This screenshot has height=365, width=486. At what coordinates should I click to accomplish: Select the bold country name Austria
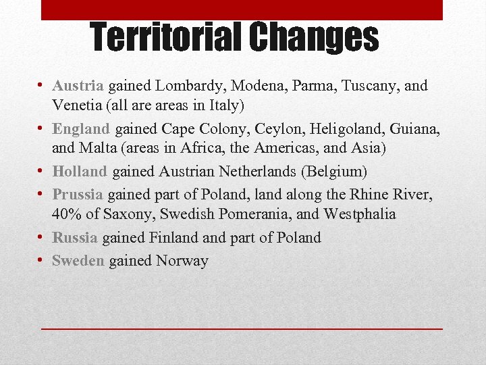[78, 87]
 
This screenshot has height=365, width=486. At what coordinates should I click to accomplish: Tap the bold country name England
[81, 128]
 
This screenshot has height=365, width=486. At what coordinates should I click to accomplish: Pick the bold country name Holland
[80, 172]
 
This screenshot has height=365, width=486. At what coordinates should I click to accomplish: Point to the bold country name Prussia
[78, 195]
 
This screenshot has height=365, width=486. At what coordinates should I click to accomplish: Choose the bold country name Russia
[76, 238]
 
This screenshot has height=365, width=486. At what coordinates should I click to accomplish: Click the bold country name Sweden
[78, 261]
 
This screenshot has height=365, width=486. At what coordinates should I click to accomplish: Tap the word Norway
[182, 261]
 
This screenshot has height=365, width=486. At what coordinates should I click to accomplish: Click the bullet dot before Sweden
[42, 260]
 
